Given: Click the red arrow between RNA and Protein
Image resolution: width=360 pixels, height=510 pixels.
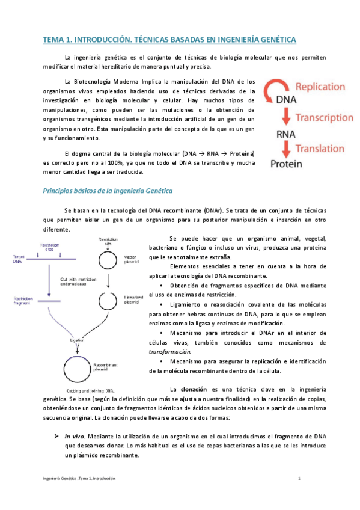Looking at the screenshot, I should (x=287, y=149).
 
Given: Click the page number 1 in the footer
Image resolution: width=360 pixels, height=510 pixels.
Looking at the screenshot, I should (x=299, y=478).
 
